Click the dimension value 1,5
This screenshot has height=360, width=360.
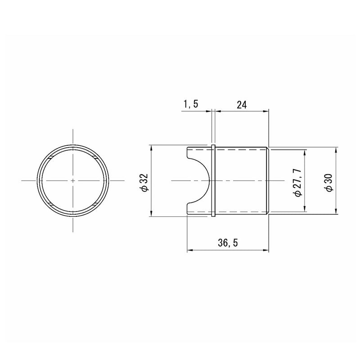tap(190, 104)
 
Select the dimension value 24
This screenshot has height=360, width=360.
tap(242, 105)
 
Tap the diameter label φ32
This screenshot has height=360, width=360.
tap(145, 183)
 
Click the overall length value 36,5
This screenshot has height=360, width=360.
tap(228, 243)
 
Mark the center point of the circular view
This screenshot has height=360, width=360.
tap(73, 181)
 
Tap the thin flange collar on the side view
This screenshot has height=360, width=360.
tap(213, 181)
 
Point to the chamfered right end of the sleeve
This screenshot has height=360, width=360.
tap(267, 181)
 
